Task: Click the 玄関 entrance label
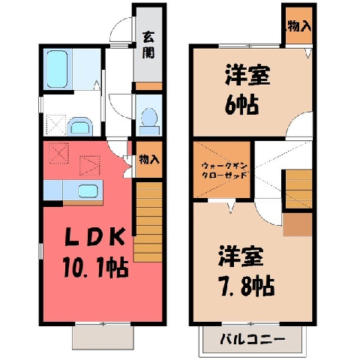(148, 45)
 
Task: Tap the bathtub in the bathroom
(57, 69)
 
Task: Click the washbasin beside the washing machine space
(80, 127)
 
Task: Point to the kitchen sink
(88, 191)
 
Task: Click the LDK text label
(95, 237)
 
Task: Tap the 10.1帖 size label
(96, 268)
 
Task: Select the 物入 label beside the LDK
(149, 159)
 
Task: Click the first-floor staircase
(148, 222)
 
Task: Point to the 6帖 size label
(241, 104)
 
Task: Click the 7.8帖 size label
(247, 286)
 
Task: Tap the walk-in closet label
(224, 170)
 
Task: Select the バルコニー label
(253, 340)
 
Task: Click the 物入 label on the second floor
(299, 26)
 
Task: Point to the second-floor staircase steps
(298, 189)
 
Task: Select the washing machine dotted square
(56, 125)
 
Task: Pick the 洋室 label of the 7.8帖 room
(241, 256)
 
